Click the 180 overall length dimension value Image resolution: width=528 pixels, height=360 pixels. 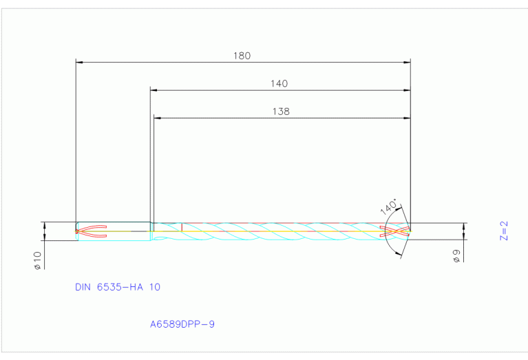click(242, 56)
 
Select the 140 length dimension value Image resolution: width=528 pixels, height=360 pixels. click(279, 83)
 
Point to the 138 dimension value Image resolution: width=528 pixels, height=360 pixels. click(281, 111)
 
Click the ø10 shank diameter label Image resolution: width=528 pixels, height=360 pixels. click(38, 260)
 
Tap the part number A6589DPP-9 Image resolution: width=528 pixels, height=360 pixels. click(182, 323)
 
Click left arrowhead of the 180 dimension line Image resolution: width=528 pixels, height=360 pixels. click(79, 63)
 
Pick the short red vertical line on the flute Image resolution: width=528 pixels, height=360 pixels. click(181, 226)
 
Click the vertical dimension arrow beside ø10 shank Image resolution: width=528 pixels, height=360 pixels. click(45, 231)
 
